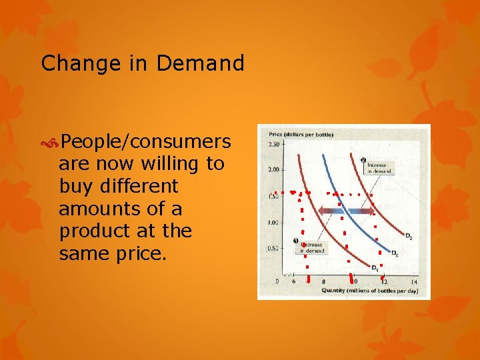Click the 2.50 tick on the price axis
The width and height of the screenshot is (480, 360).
[273, 144]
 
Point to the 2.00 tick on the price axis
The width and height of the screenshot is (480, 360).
[273, 169]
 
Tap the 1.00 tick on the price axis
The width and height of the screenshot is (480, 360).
[273, 222]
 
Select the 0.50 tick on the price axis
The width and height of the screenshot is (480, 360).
[273, 248]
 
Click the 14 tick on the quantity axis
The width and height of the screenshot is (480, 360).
[414, 281]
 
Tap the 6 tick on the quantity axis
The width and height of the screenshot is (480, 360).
[294, 281]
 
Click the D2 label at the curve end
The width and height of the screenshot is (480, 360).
[408, 236]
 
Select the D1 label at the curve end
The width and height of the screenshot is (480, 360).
[375, 268]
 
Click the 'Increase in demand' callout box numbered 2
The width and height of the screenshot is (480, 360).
[379, 167]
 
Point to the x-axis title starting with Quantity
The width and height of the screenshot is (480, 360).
[369, 291]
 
